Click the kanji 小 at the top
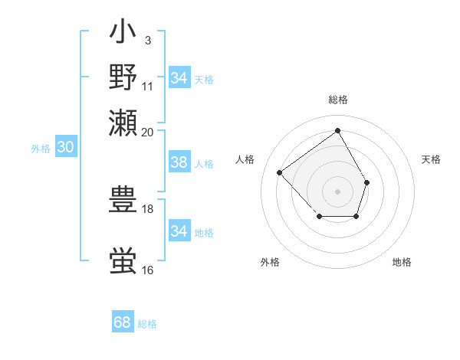point(123,34)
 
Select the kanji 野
point(123,77)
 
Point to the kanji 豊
point(123,200)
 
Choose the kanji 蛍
point(123,261)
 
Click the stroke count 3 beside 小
point(148,40)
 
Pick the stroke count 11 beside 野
point(148,85)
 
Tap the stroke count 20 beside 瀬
point(148,131)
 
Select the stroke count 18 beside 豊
point(148,208)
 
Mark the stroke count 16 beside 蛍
point(148,270)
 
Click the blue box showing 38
point(179,163)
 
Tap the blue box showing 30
point(65,148)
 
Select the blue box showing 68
point(123,322)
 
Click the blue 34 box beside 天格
point(179,78)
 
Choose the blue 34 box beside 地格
point(179,231)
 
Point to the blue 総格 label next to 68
point(147,324)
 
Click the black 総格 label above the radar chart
point(337,100)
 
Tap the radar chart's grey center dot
point(337,190)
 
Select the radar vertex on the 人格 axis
point(280,173)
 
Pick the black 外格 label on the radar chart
point(270,262)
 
